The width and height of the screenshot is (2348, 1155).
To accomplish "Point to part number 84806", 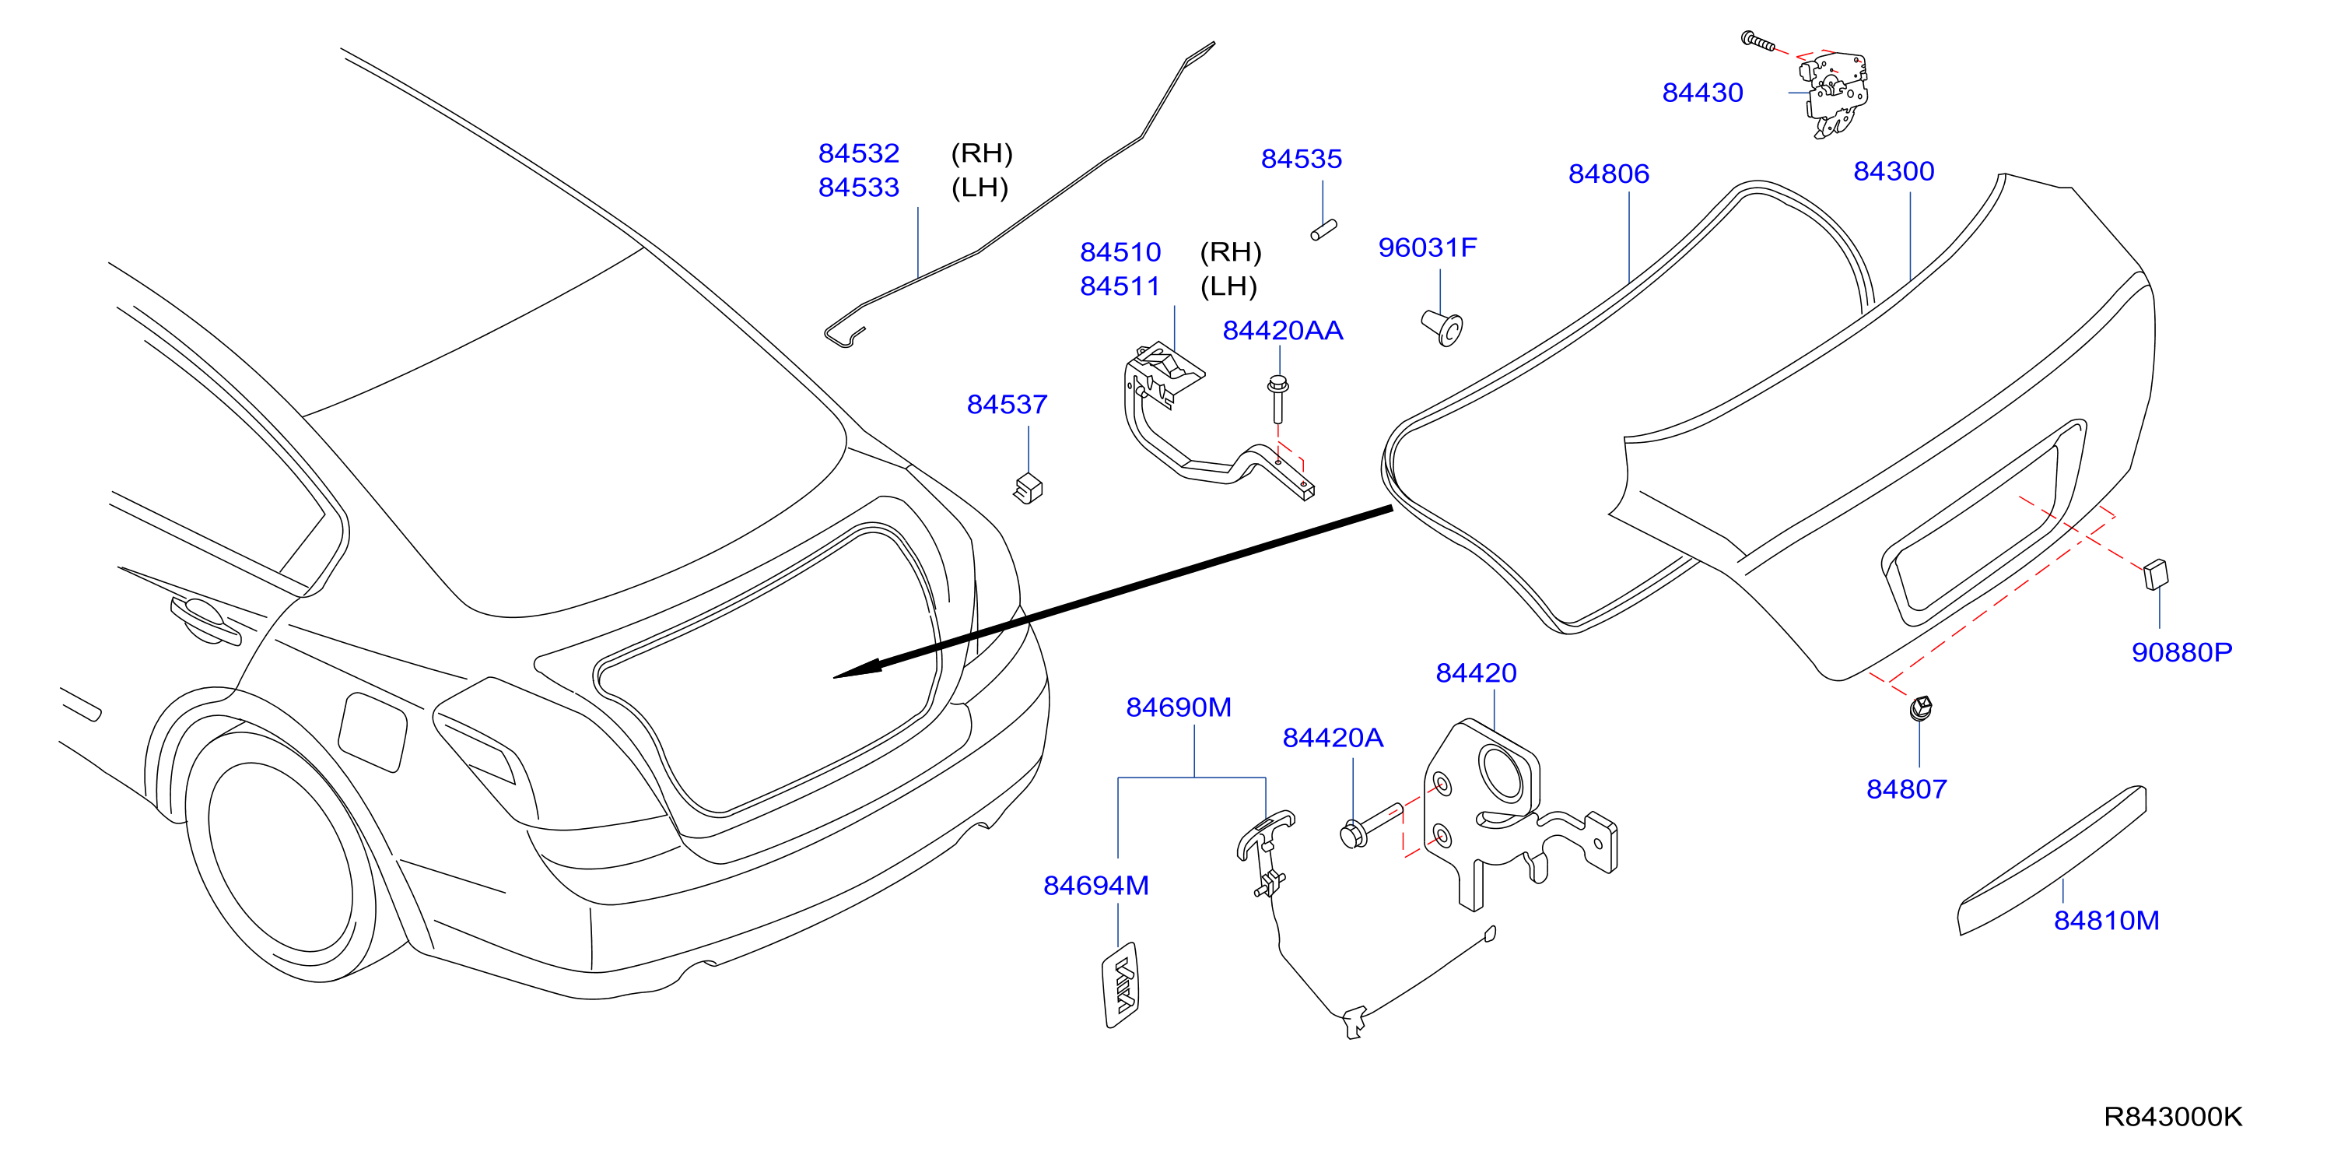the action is point(1608,174).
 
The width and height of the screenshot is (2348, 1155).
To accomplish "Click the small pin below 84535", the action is point(1323,230).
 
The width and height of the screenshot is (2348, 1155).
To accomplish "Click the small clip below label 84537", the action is point(1029,488).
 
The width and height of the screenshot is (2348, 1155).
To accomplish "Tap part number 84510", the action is point(1120,252).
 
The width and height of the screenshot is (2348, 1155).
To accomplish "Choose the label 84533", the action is point(859,188).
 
